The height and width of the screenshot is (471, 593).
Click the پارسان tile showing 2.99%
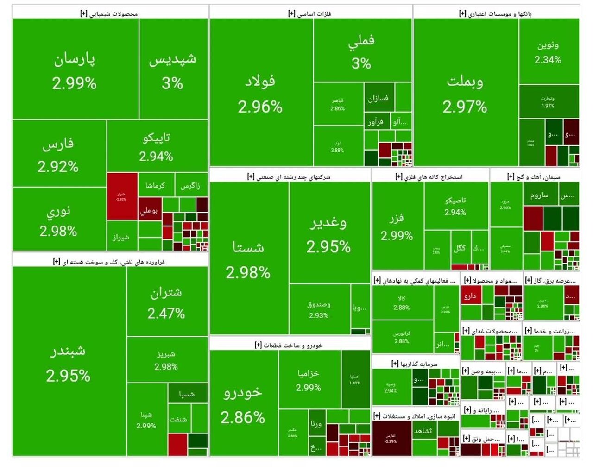[75, 69]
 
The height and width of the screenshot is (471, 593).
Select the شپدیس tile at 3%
[173, 69]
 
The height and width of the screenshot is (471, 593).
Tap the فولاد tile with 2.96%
[261, 93]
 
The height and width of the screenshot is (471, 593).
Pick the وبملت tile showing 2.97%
[465, 93]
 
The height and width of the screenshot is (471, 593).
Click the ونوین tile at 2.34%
[549, 52]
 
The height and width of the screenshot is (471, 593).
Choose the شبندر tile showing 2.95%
[69, 361]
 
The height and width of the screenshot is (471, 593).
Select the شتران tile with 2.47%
[166, 302]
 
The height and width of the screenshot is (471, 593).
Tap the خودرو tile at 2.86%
[243, 403]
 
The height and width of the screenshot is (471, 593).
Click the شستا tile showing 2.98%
[249, 258]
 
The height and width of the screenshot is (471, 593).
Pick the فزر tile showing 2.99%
[397, 226]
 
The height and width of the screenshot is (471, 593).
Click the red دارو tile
[471, 296]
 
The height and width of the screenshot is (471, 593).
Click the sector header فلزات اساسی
[310, 13]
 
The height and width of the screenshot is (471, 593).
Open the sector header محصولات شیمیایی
[110, 13]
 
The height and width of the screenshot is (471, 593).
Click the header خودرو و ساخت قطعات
[290, 345]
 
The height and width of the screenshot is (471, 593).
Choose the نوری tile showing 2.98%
[59, 220]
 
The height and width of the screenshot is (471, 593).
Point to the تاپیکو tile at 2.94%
[157, 146]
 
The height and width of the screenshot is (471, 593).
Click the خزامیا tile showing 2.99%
[309, 380]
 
